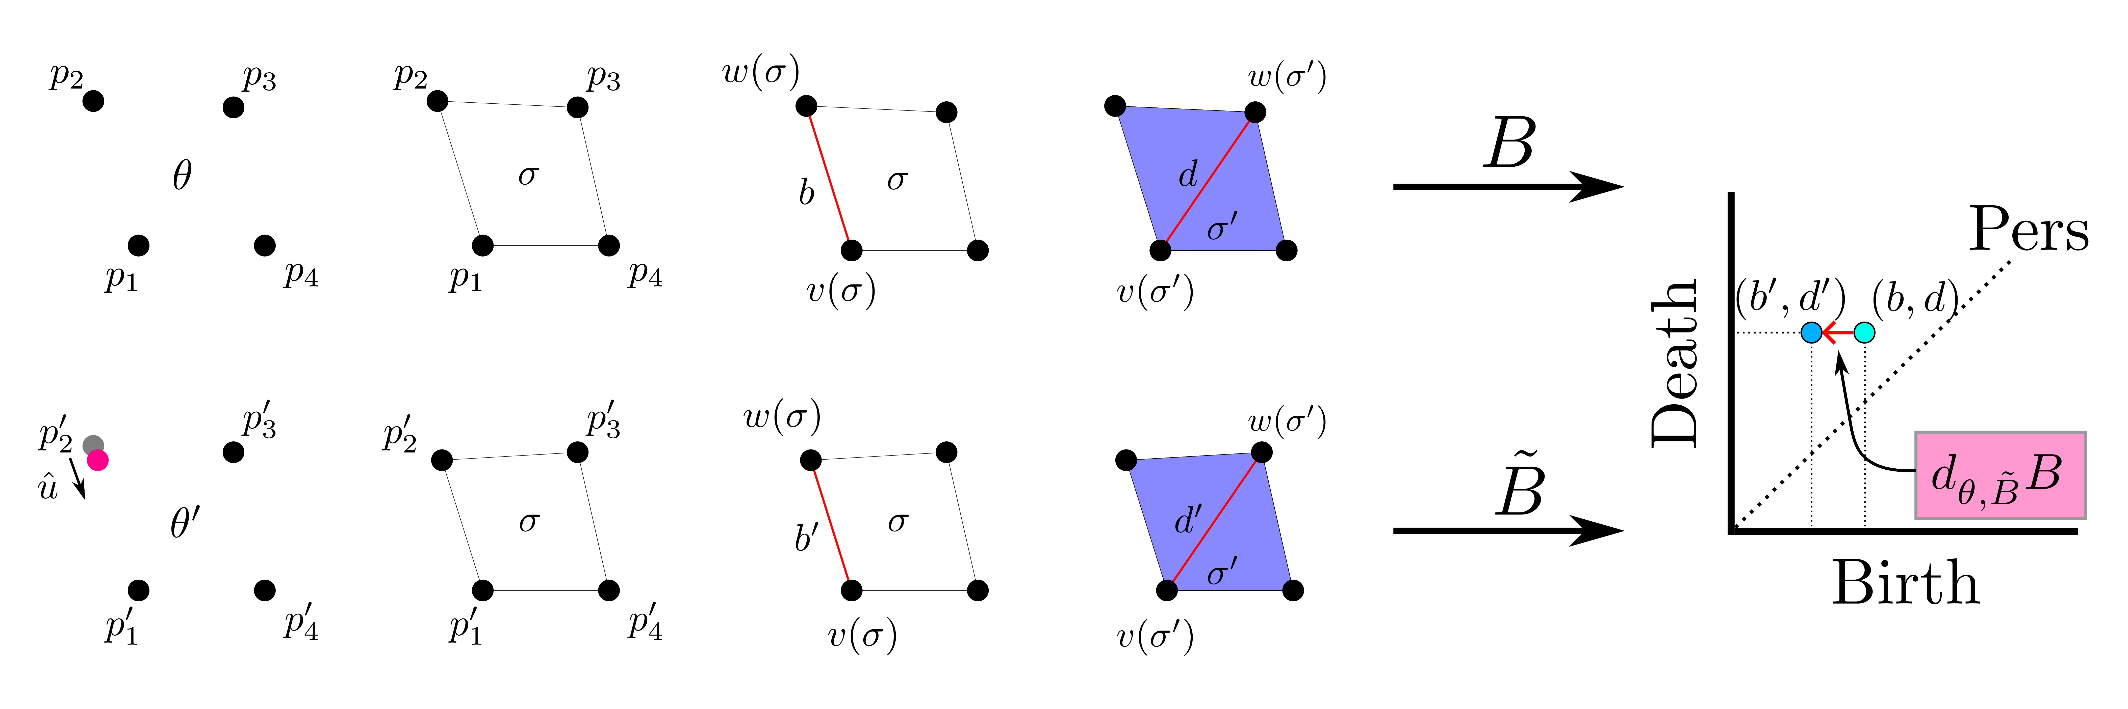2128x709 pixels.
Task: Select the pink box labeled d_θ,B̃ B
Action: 2000,475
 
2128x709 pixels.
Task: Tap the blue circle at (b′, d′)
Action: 1812,333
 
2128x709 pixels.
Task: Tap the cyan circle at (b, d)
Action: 1864,333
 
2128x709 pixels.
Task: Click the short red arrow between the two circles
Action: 1838,333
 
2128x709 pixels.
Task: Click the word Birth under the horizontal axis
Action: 1906,583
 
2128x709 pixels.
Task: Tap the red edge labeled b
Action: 829,178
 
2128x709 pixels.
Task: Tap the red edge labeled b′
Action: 831,525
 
